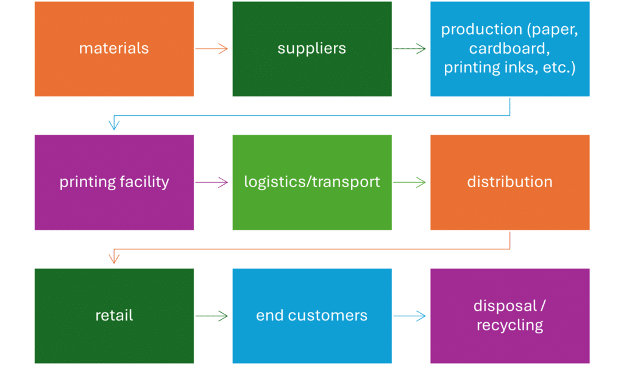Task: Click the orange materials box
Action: [x=114, y=49]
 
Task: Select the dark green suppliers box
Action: [x=311, y=49]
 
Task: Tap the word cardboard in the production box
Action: [x=509, y=48]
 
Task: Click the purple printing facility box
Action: [x=114, y=182]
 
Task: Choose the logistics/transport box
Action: [x=311, y=182]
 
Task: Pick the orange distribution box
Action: [x=509, y=182]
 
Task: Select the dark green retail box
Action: [x=114, y=315]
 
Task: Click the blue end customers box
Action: [x=311, y=315]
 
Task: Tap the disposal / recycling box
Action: [x=509, y=315]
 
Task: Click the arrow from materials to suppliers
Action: [x=212, y=49]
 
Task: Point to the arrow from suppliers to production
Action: [x=409, y=49]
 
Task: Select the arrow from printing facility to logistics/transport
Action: [x=212, y=182]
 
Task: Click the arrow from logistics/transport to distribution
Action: [x=409, y=182]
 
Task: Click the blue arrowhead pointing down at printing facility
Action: [x=113, y=125]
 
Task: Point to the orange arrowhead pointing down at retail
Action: [x=113, y=258]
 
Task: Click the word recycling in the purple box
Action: [x=509, y=325]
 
